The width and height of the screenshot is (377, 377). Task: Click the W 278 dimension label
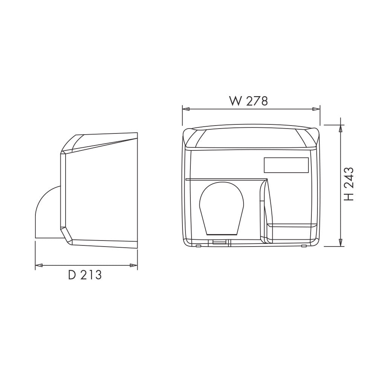tap(248, 101)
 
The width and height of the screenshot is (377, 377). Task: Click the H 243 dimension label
tap(349, 184)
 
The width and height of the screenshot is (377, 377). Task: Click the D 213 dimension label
tap(85, 275)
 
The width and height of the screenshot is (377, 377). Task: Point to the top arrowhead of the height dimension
tap(340, 129)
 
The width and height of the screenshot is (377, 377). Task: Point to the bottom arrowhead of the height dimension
tap(340, 242)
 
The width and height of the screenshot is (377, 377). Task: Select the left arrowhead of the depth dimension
tap(39, 265)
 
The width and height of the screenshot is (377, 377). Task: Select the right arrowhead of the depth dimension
tap(134, 265)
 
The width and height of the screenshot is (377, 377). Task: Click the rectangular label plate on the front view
tap(286, 165)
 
